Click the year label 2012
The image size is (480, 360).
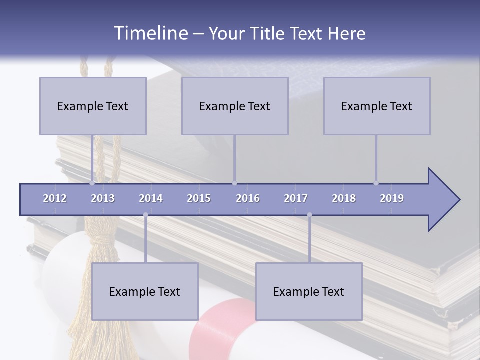[55, 198]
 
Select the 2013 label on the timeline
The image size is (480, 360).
[103, 198]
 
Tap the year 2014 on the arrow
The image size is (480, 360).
[151, 198]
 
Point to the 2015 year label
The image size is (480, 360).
[199, 198]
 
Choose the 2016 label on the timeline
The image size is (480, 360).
[248, 198]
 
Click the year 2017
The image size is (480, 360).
[296, 198]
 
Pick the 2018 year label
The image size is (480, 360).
[344, 198]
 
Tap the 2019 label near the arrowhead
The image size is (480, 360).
[392, 198]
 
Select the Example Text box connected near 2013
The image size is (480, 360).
[93, 106]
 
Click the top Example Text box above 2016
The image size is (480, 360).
[235, 106]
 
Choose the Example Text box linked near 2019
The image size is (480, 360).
[377, 106]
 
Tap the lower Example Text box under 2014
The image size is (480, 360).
[145, 291]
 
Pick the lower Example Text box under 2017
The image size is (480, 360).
[309, 291]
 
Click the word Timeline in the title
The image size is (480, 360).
[150, 33]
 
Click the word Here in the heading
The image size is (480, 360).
[346, 34]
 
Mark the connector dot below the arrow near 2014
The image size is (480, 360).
[145, 215]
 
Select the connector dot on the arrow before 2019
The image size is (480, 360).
[376, 183]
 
